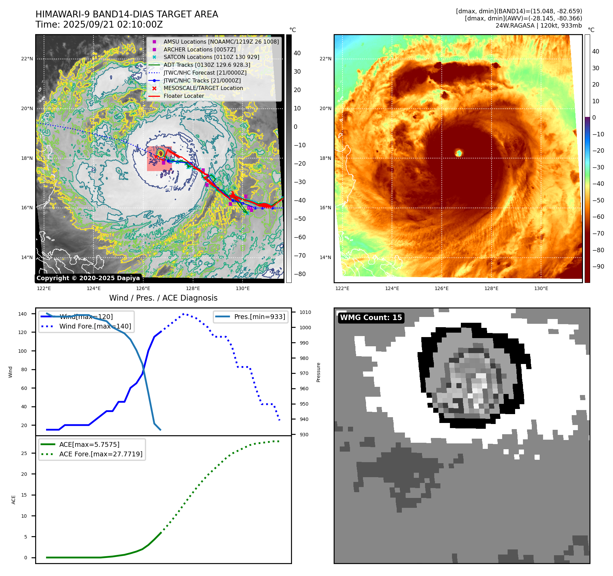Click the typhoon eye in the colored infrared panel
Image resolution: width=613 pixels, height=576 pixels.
tap(459, 153)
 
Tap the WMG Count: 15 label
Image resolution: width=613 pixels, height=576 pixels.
tap(371, 318)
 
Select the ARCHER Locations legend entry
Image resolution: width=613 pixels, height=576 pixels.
tap(199, 49)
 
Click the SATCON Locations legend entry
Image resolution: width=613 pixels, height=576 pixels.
tap(211, 57)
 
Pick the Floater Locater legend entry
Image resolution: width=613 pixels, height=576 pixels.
tap(184, 96)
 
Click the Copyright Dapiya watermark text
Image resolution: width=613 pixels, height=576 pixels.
tap(88, 278)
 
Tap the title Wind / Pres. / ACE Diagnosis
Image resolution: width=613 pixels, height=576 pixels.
tap(163, 298)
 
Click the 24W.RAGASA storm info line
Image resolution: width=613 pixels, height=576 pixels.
tap(539, 26)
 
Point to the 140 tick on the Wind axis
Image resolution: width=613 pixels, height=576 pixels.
tap(23, 314)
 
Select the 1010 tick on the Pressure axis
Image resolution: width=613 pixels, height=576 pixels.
tap(305, 312)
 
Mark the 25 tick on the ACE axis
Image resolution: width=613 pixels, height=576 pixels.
tap(24, 453)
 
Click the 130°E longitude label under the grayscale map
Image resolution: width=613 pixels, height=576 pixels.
tap(243, 288)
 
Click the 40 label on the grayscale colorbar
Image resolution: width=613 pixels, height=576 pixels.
tap(297, 53)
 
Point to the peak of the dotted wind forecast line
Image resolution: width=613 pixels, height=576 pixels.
tap(184, 314)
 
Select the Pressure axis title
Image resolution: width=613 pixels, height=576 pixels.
tap(318, 372)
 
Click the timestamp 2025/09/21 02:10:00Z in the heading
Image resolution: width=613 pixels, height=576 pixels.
tap(113, 25)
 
